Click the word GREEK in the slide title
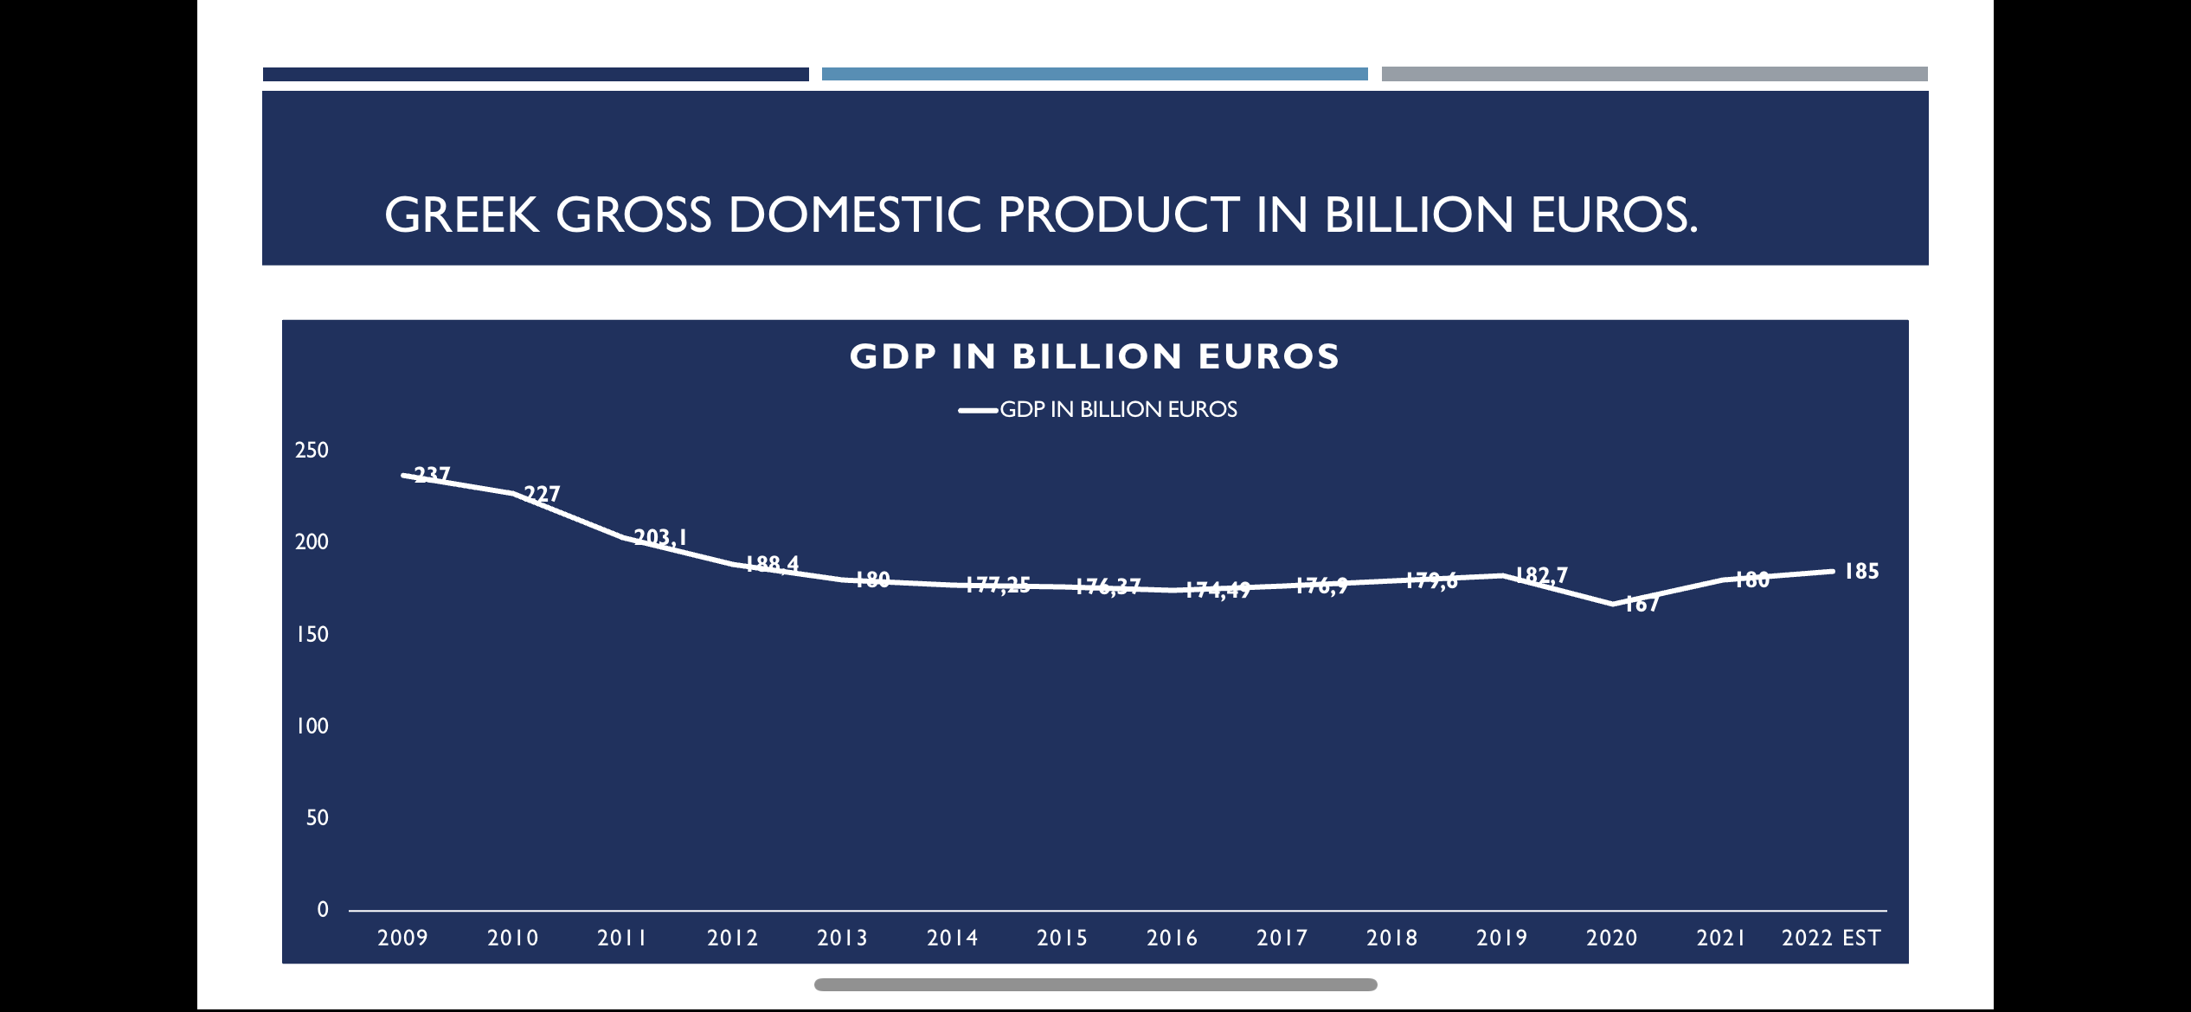pos(462,215)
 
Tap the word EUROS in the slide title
pos(1613,215)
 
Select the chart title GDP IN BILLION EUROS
pos(1095,356)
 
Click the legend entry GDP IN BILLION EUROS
pos(1118,409)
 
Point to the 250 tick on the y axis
pos(312,450)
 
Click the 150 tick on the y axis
pos(312,634)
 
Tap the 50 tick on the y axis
pos(317,817)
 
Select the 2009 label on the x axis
pos(402,938)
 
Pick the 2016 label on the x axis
pos(1172,938)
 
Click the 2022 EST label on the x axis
pos(1831,938)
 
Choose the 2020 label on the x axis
pos(1611,938)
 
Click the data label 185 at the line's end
pos(1861,571)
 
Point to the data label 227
pos(543,494)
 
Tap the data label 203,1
pos(660,537)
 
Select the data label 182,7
pos(1541,575)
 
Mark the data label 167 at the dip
pos(1642,604)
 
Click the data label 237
pos(432,474)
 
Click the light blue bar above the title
pos(1095,74)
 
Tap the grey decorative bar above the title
pos(1654,74)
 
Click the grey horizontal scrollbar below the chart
pos(1095,984)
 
